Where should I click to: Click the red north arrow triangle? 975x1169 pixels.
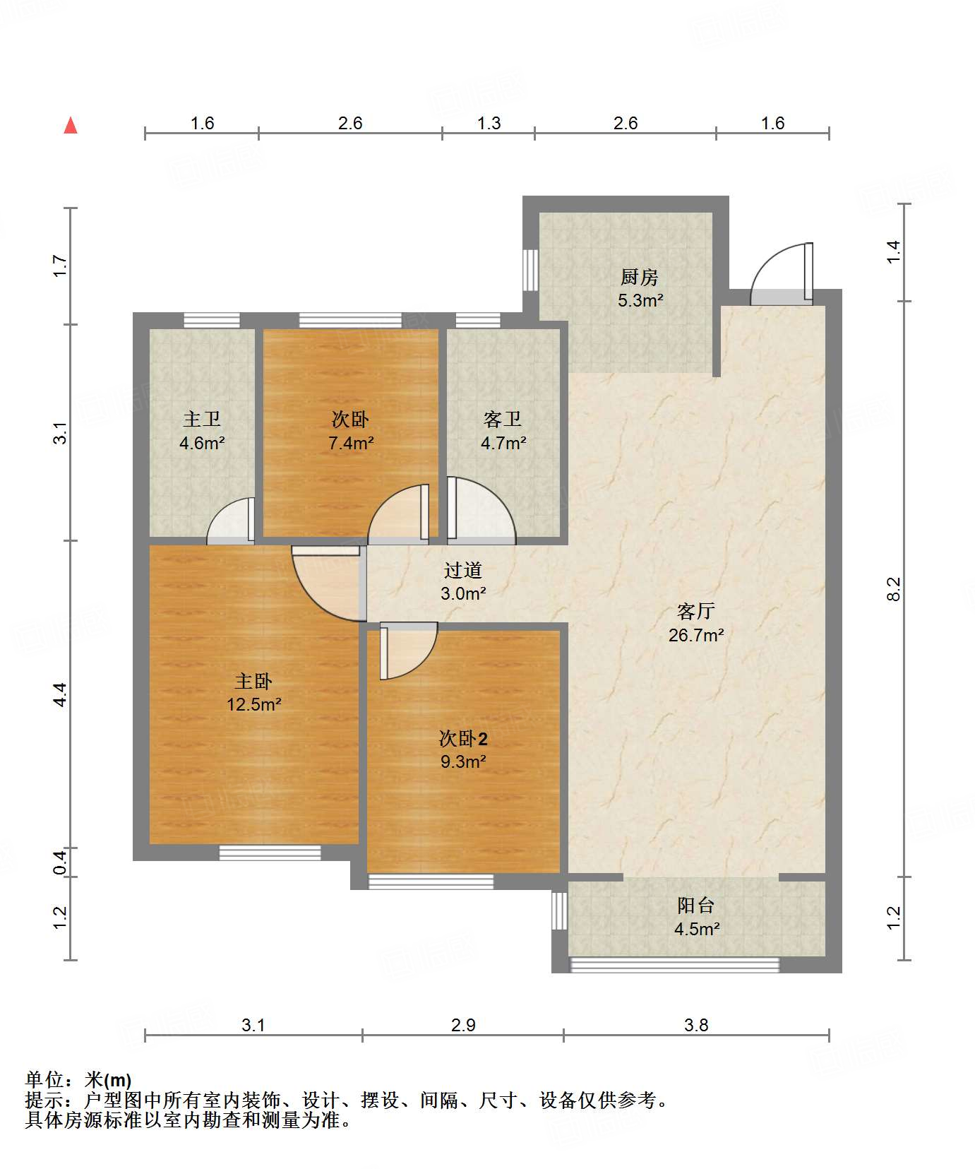pyautogui.click(x=71, y=125)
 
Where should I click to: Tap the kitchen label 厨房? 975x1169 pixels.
pyautogui.click(x=640, y=277)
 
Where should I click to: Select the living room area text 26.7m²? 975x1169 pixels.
pyautogui.click(x=696, y=635)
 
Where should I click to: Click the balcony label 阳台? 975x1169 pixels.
pyautogui.click(x=696, y=906)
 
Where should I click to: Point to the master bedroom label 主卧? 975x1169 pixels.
pyautogui.click(x=253, y=681)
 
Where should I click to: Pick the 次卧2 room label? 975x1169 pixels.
pyautogui.click(x=463, y=739)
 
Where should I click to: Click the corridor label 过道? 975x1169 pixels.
pyautogui.click(x=463, y=570)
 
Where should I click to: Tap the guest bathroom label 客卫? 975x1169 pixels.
pyautogui.click(x=503, y=420)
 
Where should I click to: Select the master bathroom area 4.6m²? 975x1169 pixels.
pyautogui.click(x=202, y=444)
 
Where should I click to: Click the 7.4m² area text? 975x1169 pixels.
pyautogui.click(x=351, y=444)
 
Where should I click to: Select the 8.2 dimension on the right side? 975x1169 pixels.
pyautogui.click(x=894, y=588)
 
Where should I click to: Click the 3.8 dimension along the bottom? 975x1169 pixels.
pyautogui.click(x=696, y=1025)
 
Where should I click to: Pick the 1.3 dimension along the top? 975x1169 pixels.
pyautogui.click(x=489, y=123)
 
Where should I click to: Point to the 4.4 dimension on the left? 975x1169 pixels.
pyautogui.click(x=61, y=694)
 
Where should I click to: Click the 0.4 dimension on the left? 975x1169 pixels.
pyautogui.click(x=61, y=862)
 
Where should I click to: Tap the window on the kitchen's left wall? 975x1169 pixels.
pyautogui.click(x=530, y=270)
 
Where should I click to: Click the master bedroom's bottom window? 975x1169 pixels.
pyautogui.click(x=270, y=853)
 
